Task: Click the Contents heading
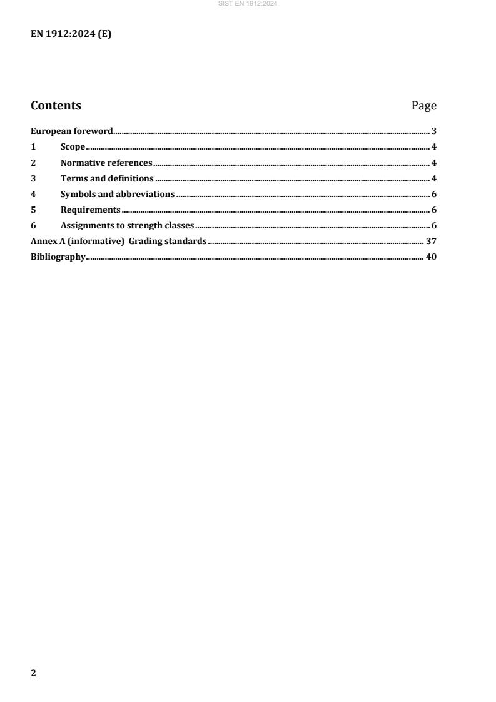[56, 106]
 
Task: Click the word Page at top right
[423, 106]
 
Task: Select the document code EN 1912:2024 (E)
[71, 34]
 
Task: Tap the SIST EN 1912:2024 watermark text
[248, 3]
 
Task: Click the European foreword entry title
[72, 131]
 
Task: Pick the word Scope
[73, 147]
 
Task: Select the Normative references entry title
[106, 163]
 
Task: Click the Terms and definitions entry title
[107, 178]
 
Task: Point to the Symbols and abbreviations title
[118, 194]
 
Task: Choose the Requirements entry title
[91, 210]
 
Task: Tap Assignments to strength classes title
[128, 225]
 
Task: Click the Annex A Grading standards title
[119, 241]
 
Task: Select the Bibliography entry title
[58, 257]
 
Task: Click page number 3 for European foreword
[433, 131]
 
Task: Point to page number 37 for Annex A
[431, 241]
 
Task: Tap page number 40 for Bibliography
[431, 257]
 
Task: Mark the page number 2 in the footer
[34, 673]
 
